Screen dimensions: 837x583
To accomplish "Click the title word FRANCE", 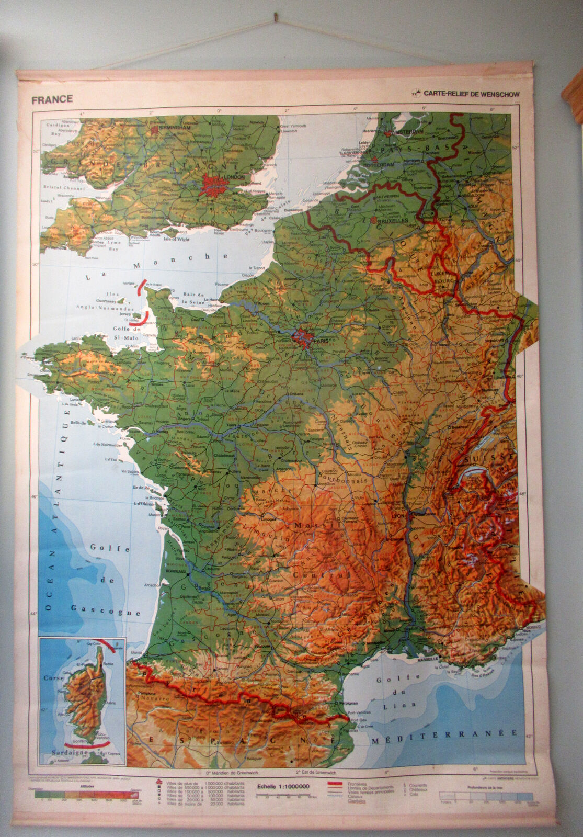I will click(52, 99).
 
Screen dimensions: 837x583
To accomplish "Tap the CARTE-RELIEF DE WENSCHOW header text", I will click(471, 94).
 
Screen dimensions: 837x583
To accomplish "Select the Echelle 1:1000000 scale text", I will click(283, 786).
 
